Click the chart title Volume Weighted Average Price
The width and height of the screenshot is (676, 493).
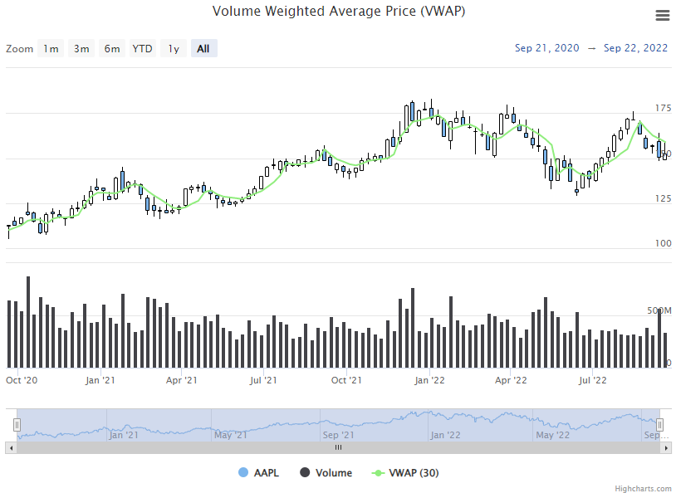pyautogui.click(x=338, y=12)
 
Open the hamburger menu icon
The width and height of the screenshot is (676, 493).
pyautogui.click(x=662, y=16)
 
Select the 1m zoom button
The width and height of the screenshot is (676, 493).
pyautogui.click(x=51, y=49)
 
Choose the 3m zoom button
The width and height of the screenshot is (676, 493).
pyautogui.click(x=81, y=49)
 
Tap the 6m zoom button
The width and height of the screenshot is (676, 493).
pyautogui.click(x=112, y=49)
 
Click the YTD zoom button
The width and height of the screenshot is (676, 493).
pyautogui.click(x=143, y=49)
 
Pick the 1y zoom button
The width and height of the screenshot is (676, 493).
pyautogui.click(x=174, y=49)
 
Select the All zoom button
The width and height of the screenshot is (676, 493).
pyautogui.click(x=203, y=49)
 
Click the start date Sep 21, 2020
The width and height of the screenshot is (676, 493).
pyautogui.click(x=547, y=48)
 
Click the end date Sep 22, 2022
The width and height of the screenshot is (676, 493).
pyautogui.click(x=636, y=48)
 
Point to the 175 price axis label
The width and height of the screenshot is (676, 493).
pyautogui.click(x=663, y=108)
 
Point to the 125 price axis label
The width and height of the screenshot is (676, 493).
pyautogui.click(x=663, y=198)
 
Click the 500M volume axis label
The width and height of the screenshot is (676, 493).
pyautogui.click(x=659, y=310)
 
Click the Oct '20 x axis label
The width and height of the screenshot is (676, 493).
pyautogui.click(x=22, y=381)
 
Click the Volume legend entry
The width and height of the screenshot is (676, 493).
pyautogui.click(x=326, y=473)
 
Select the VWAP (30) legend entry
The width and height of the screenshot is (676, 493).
pyautogui.click(x=406, y=473)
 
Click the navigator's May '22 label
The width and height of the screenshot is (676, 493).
pyautogui.click(x=553, y=434)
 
